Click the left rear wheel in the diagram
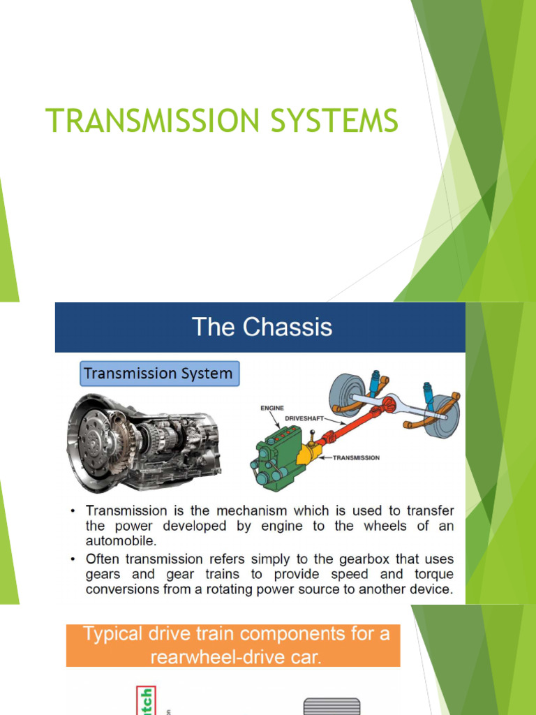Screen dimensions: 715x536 pos(347,395)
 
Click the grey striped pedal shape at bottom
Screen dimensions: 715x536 pos(332,706)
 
